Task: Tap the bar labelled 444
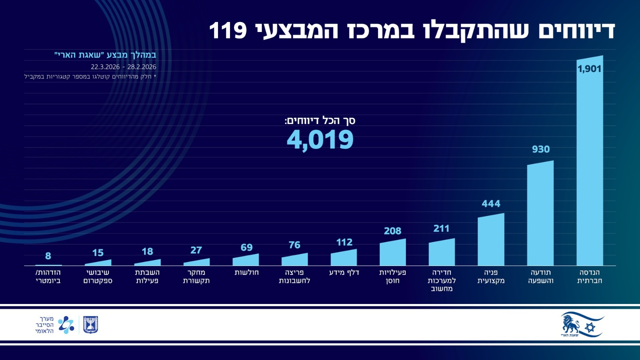491,240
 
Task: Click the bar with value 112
344,258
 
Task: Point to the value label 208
392,231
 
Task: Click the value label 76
294,245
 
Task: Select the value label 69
246,247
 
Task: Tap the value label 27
196,250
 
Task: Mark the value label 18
147,251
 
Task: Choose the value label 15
98,253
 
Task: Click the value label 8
48,256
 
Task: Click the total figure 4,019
320,140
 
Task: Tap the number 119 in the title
228,30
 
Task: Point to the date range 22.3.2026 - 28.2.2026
123,67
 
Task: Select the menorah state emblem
90,324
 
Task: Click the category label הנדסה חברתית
590,276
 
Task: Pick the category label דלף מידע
344,272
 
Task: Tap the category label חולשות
246,272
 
